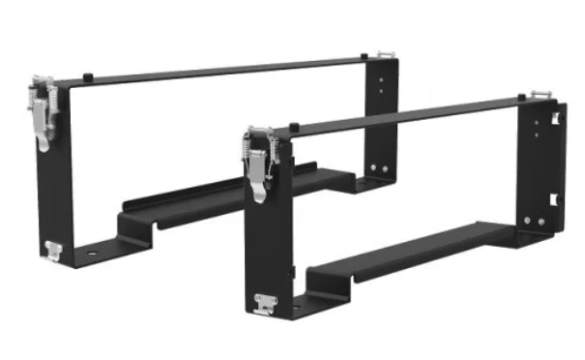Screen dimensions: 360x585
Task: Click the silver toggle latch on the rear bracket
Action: click(42, 109)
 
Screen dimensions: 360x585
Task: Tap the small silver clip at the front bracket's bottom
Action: click(264, 304)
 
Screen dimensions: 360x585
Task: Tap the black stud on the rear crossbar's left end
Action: click(88, 75)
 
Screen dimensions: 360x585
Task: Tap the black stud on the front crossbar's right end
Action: click(521, 96)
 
